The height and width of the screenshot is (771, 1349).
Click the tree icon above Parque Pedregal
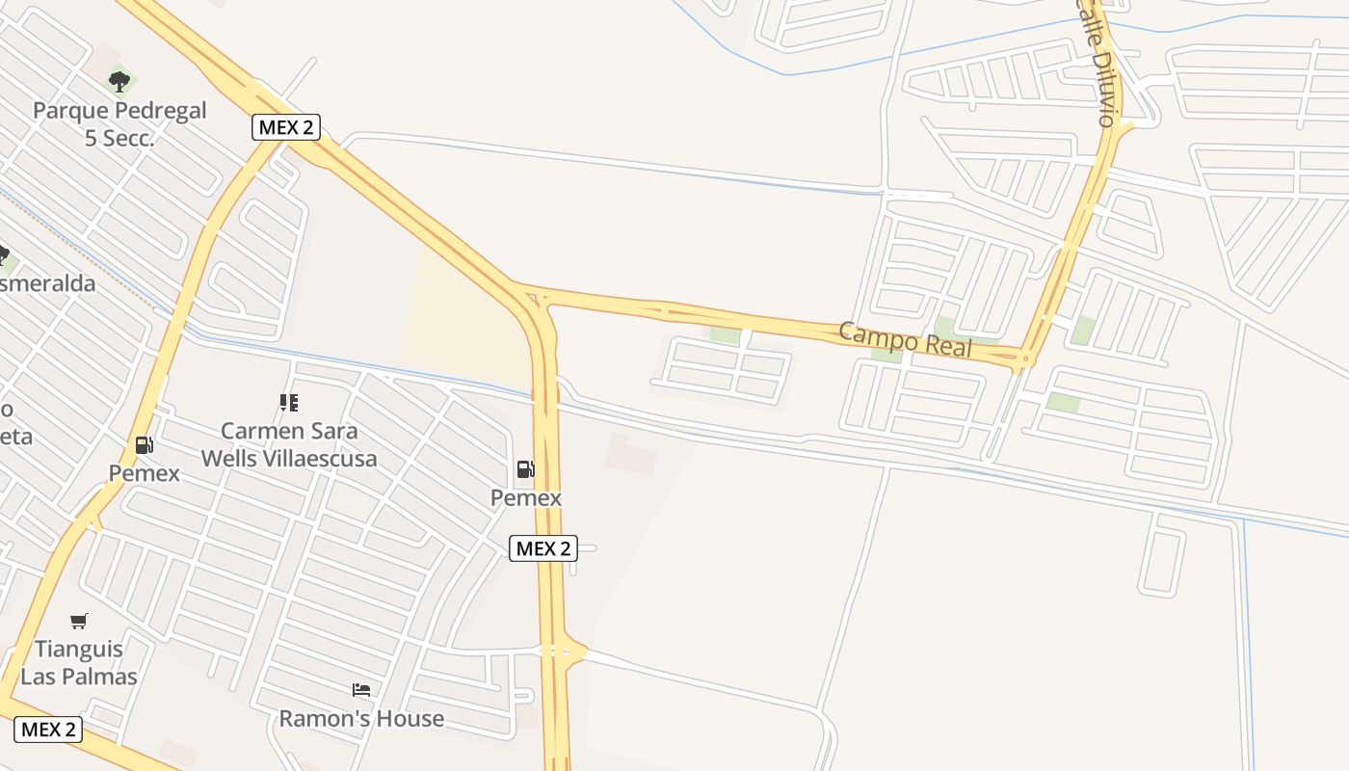[x=119, y=81]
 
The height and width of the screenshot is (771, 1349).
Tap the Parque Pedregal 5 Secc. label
[x=119, y=123]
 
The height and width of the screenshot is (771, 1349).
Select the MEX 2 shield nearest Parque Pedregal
[x=286, y=126]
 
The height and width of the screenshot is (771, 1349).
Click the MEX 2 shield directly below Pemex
[x=543, y=548]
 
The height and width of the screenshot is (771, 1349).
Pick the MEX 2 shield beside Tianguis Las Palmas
[x=48, y=729]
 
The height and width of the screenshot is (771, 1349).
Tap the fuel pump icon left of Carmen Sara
[x=145, y=444]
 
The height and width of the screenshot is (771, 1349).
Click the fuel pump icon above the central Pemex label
[x=526, y=469]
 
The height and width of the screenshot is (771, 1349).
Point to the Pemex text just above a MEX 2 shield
[x=526, y=497]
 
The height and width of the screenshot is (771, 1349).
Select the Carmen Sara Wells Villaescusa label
[x=289, y=444]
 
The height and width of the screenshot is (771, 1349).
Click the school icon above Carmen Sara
[x=289, y=402]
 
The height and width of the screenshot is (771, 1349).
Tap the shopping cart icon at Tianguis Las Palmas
[x=79, y=622]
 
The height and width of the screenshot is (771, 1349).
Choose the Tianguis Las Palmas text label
[x=79, y=662]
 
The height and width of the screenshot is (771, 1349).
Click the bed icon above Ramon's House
[x=361, y=690]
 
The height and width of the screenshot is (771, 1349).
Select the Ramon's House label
[x=361, y=718]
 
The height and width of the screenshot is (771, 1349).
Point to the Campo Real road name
[x=905, y=338]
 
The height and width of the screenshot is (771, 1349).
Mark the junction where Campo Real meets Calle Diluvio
[x=1023, y=359]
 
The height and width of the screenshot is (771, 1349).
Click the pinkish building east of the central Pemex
[x=631, y=454]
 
